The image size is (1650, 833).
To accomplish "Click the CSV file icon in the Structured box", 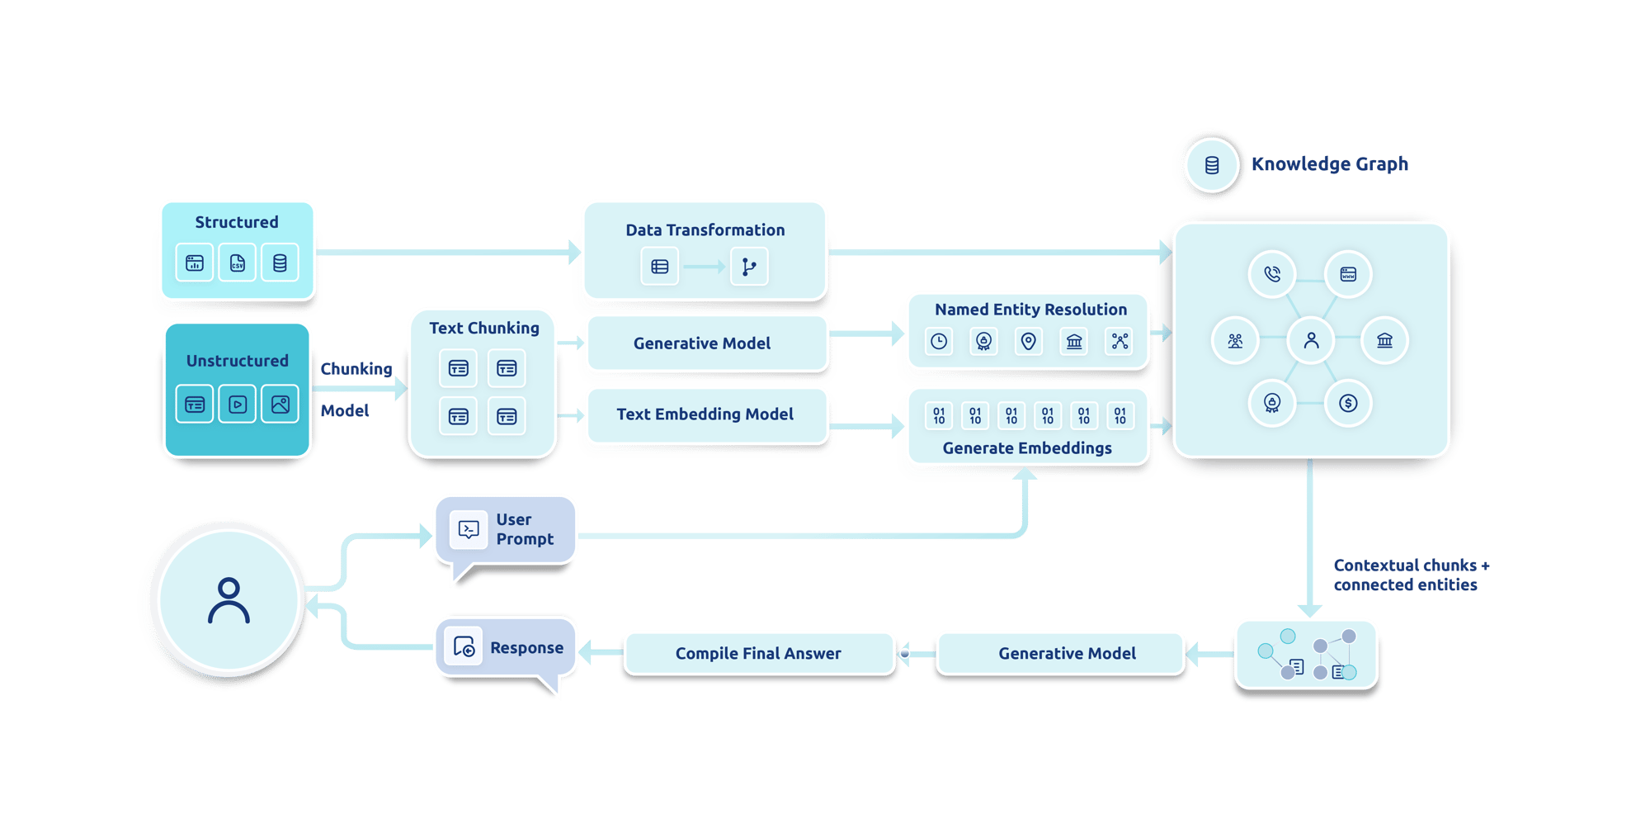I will [x=237, y=263].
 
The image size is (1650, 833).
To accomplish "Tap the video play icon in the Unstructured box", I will [x=237, y=405].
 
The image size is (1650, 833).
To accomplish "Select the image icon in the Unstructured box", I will [x=280, y=405].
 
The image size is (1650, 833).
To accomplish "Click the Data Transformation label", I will [x=705, y=230].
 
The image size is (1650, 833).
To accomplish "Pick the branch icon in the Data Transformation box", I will [x=748, y=267].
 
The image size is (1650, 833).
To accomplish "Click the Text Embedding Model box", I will [x=705, y=414].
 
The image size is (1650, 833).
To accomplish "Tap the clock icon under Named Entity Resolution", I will [x=939, y=341].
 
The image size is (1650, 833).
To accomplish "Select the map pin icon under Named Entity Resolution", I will [x=1028, y=341].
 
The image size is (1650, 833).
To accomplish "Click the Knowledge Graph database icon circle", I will [x=1211, y=165].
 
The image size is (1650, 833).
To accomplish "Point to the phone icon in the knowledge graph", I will [x=1272, y=274].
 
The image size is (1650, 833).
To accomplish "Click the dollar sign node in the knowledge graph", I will [x=1348, y=403].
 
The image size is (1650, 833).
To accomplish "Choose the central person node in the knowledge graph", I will [x=1311, y=339].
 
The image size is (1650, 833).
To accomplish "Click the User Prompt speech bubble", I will [x=505, y=530].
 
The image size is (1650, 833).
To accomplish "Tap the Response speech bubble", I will [x=505, y=648].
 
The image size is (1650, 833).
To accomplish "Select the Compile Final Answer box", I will [x=758, y=654].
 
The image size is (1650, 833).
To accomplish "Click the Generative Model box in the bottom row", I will [x=1066, y=654].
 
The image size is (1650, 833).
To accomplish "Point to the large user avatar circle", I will [x=229, y=601].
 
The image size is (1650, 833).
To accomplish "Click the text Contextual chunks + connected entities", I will [x=1410, y=575].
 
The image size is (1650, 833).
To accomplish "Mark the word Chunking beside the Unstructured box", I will [x=356, y=369].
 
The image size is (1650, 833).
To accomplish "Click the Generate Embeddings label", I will [x=1026, y=448].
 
